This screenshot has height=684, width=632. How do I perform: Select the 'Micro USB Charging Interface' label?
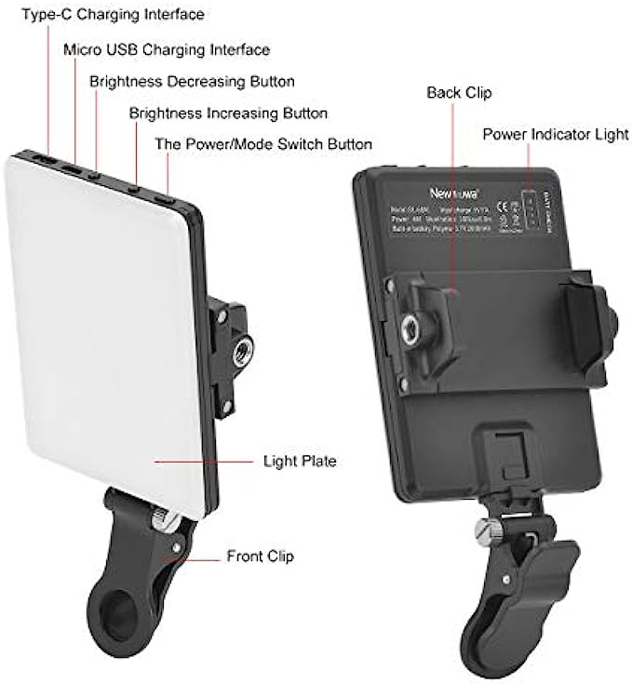tap(167, 49)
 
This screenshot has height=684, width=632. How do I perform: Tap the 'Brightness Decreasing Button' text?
tap(192, 81)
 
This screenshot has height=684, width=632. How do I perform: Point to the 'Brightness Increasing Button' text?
tap(228, 114)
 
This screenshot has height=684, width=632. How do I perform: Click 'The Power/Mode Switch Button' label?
tap(263, 144)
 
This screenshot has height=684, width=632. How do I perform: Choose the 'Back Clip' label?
tap(459, 93)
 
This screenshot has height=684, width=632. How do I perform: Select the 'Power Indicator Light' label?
tap(555, 134)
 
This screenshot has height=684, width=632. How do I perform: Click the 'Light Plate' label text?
tap(300, 461)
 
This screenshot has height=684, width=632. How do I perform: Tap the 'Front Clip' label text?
tap(261, 557)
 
